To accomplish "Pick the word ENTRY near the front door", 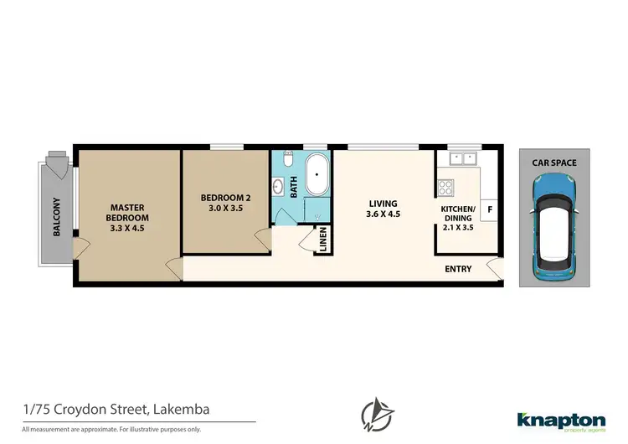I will click(458, 269).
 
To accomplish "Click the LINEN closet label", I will click(322, 240).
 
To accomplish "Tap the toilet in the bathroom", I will click(286, 159).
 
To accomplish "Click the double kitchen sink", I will click(461, 157).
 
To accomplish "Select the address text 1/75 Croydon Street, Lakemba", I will click(116, 408).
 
